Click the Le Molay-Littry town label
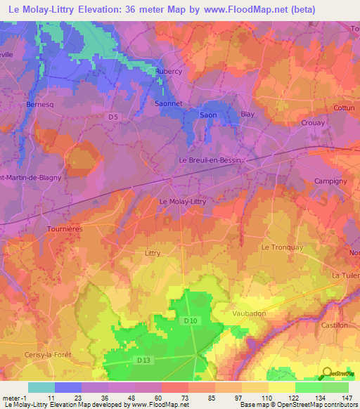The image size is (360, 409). click(183, 201)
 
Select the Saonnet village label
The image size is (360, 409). click(167, 103)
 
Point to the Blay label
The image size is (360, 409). click(247, 114)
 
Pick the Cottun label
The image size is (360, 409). click(345, 108)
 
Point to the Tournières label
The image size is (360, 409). click(65, 228)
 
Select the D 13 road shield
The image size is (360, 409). click(143, 361)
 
